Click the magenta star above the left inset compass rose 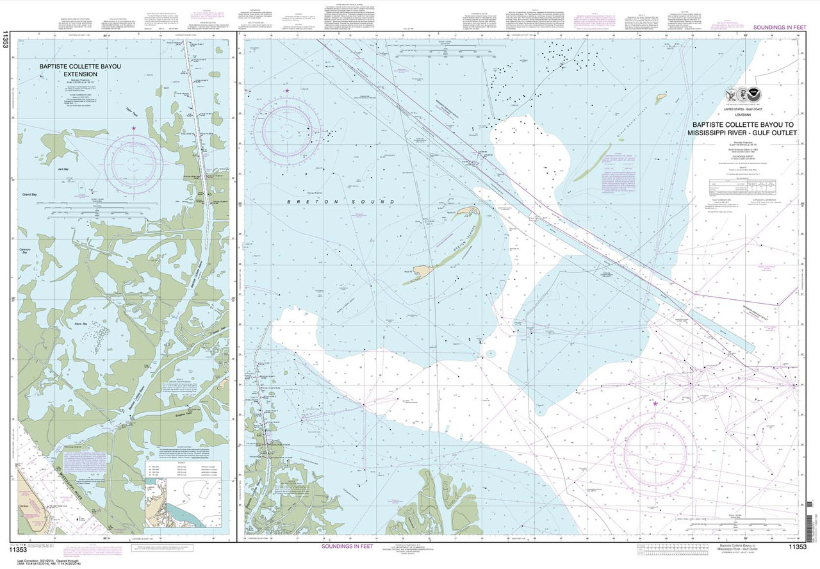[133, 129]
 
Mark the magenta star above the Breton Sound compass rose [287, 92]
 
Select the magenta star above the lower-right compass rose [655, 404]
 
